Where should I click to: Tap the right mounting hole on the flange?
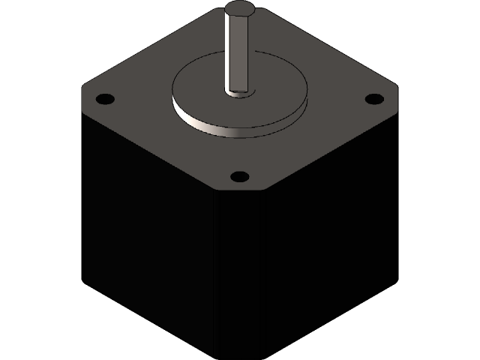pyautogui.click(x=373, y=98)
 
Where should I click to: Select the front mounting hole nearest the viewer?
pyautogui.click(x=239, y=177)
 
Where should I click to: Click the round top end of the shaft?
pyautogui.click(x=239, y=10)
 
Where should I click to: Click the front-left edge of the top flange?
pyautogui.click(x=150, y=150)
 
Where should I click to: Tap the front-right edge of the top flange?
pyautogui.click(x=322, y=150)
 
